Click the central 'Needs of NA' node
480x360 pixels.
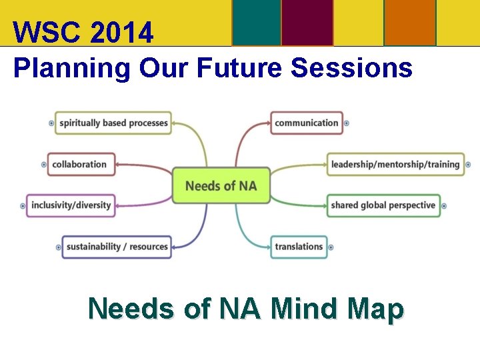pyautogui.click(x=221, y=185)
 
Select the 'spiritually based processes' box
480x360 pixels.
pyautogui.click(x=113, y=123)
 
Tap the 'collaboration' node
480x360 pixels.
pyautogui.click(x=80, y=164)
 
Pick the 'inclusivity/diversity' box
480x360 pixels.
pyautogui.click(x=71, y=205)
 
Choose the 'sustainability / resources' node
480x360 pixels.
pyautogui.click(x=117, y=247)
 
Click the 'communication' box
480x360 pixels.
pyautogui.click(x=307, y=123)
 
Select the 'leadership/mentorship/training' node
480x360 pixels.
pyautogui.click(x=395, y=164)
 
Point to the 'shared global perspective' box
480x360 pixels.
pyautogui.click(x=383, y=205)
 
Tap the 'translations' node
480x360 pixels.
pyautogui.click(x=299, y=247)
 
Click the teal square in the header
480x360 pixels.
pyautogui.click(x=257, y=23)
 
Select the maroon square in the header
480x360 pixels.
pyautogui.click(x=307, y=23)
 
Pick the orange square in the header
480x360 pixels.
pyautogui.click(x=410, y=23)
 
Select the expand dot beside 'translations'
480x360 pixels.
pyautogui.click(x=331, y=247)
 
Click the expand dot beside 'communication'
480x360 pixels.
pyautogui.click(x=347, y=123)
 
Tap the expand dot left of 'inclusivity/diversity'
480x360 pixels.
pyautogui.click(x=23, y=206)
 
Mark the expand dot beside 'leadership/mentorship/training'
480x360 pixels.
pyautogui.click(x=468, y=165)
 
